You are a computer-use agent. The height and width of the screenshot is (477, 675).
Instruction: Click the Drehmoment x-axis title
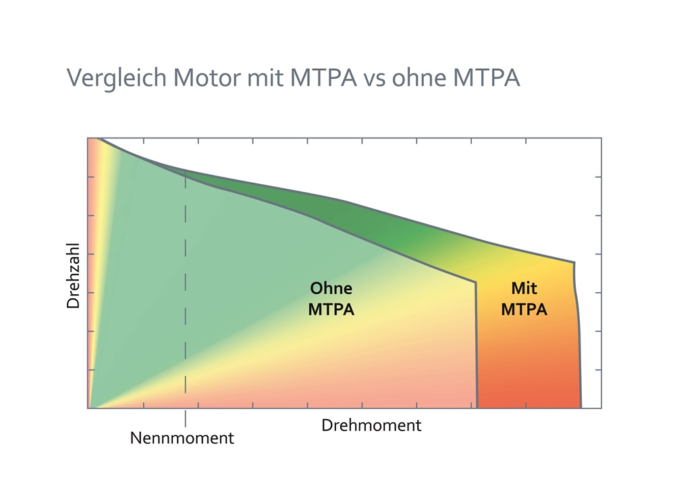coord(371,426)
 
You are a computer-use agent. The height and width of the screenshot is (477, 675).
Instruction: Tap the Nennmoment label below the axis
coord(182,438)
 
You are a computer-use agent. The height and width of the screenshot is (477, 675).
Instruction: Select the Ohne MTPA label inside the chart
coord(331,299)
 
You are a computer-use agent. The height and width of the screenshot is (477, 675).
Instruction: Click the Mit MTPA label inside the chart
coord(524,299)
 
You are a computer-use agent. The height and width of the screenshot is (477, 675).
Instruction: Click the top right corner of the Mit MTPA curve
coord(574,262)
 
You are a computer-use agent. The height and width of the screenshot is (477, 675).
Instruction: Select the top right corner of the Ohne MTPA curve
coord(476,282)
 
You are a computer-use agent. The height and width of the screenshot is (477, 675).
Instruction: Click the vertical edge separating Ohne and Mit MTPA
coord(477,344)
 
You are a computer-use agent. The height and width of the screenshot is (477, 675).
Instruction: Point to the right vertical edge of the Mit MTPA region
coord(578,337)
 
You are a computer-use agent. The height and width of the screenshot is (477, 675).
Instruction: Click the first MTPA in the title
coord(323,78)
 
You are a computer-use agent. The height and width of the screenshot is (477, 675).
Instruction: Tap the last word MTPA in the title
coord(485,78)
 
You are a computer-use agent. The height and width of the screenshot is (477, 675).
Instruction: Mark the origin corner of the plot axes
coord(88,408)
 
